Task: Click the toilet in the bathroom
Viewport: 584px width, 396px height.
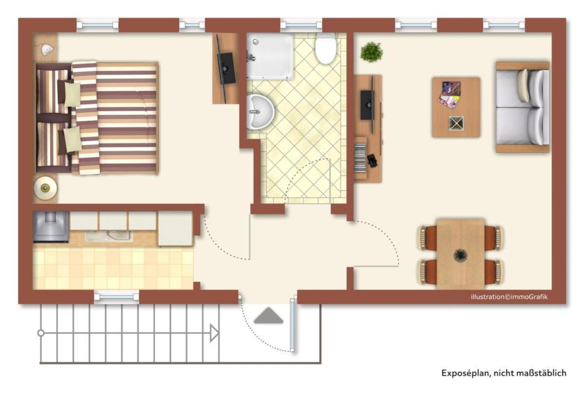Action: (x=325, y=49)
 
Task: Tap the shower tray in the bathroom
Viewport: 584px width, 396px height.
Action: (x=269, y=56)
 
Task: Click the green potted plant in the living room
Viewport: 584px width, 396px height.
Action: (x=372, y=52)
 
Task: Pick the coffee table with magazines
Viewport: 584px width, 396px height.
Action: (x=455, y=107)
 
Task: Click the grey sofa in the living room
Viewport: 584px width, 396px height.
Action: (x=523, y=107)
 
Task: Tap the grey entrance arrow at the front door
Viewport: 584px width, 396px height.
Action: (x=268, y=316)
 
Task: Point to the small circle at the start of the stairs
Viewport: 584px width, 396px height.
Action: (x=41, y=333)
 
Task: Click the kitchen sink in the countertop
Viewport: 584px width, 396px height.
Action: (x=108, y=236)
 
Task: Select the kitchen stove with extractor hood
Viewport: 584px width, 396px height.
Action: (x=51, y=226)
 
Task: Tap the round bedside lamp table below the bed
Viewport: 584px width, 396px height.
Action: (x=45, y=187)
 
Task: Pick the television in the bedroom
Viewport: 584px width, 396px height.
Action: (x=226, y=68)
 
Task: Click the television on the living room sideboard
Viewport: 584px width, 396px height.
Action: (x=367, y=105)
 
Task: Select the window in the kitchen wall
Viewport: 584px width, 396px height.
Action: (x=116, y=296)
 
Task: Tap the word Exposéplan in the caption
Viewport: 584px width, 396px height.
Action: (x=465, y=374)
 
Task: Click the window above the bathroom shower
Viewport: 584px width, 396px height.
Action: (x=301, y=25)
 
